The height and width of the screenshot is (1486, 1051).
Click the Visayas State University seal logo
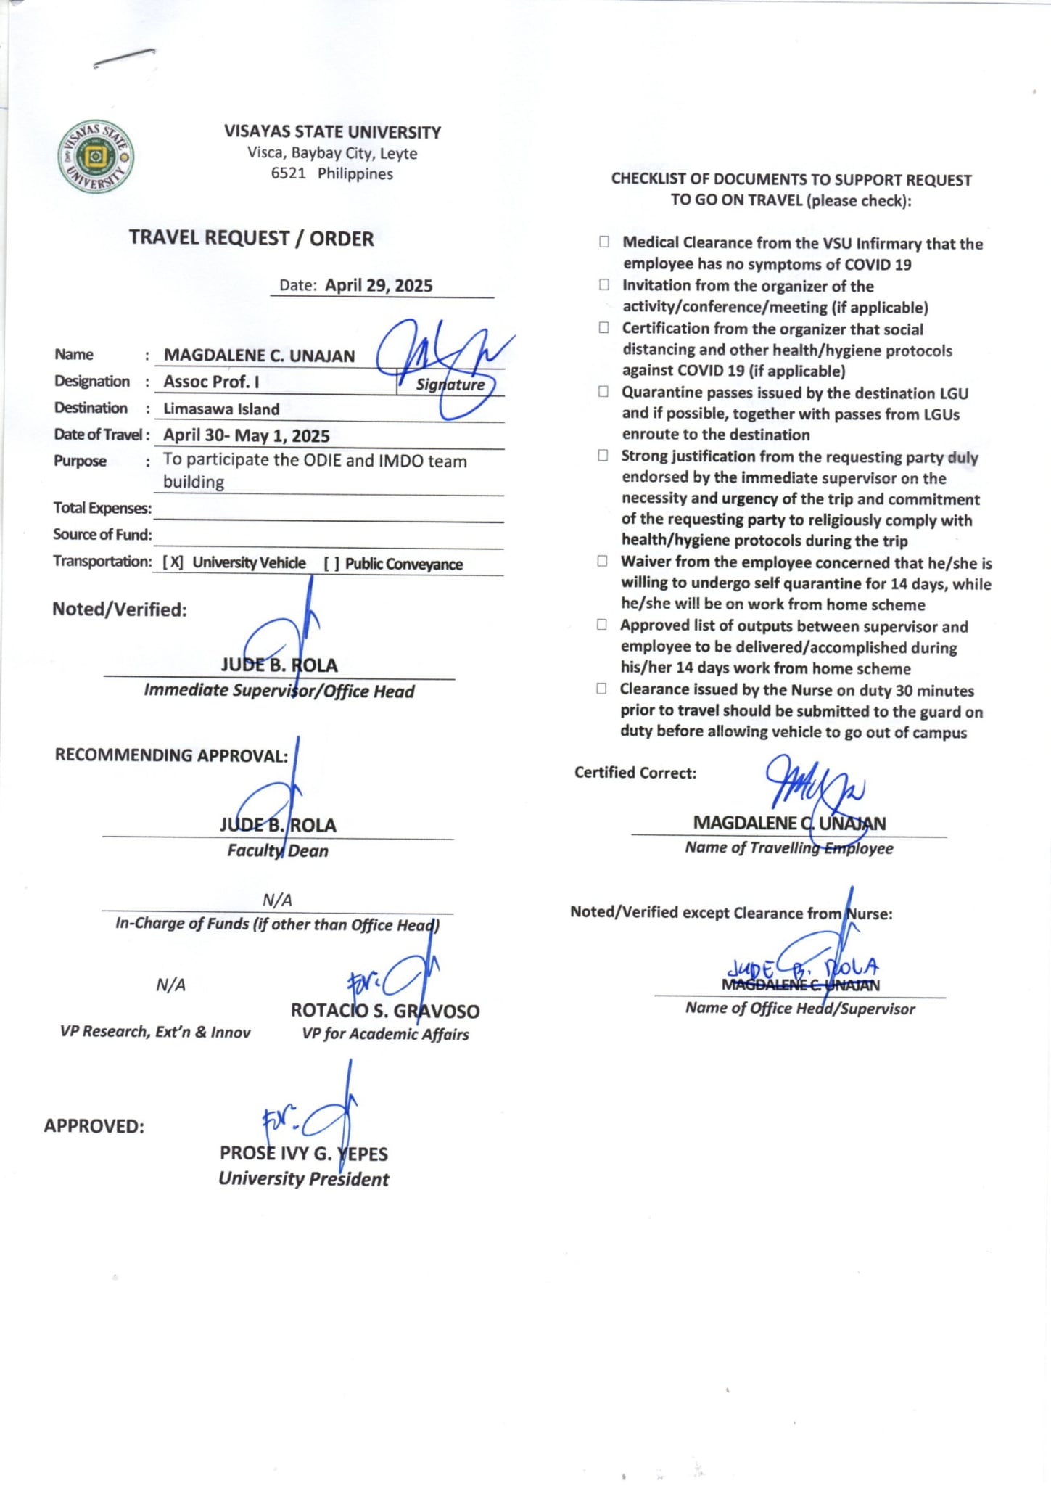click(x=96, y=157)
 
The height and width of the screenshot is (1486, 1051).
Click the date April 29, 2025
click(x=378, y=286)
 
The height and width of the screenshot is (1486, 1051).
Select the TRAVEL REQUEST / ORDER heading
click(x=251, y=239)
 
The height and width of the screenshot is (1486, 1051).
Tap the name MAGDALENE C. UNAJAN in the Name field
click(x=259, y=356)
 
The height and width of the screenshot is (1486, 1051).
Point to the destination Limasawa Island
click(x=221, y=409)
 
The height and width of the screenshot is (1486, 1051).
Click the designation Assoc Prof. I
click(x=211, y=382)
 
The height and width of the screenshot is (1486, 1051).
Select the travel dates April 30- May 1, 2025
click(x=246, y=436)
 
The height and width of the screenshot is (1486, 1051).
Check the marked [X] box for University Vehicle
click(x=173, y=563)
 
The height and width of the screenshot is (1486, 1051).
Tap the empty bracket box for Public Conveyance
click(x=331, y=564)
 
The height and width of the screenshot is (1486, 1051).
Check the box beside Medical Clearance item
click(x=603, y=242)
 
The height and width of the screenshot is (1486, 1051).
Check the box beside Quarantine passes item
click(x=603, y=393)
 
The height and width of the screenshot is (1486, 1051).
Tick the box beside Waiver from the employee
click(x=602, y=562)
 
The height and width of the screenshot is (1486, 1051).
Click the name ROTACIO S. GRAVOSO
click(x=384, y=1011)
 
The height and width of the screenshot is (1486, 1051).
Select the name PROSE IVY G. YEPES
click(x=303, y=1154)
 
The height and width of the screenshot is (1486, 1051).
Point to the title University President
click(x=303, y=1179)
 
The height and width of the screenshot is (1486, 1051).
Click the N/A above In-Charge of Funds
click(x=277, y=900)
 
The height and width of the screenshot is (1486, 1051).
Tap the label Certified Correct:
click(x=635, y=773)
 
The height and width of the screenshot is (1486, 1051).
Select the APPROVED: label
click(x=94, y=1126)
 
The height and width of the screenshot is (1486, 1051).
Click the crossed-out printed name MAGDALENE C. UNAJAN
click(x=800, y=985)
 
